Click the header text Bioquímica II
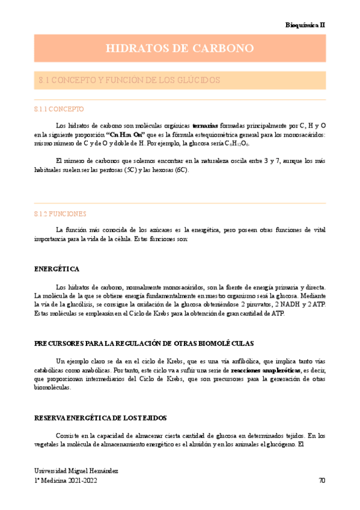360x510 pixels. pyautogui.click(x=305, y=25)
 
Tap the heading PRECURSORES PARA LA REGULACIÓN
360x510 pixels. pyautogui.click(x=144, y=343)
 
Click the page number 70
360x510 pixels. pyautogui.click(x=322, y=481)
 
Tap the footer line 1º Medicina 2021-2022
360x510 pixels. pyautogui.click(x=66, y=481)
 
